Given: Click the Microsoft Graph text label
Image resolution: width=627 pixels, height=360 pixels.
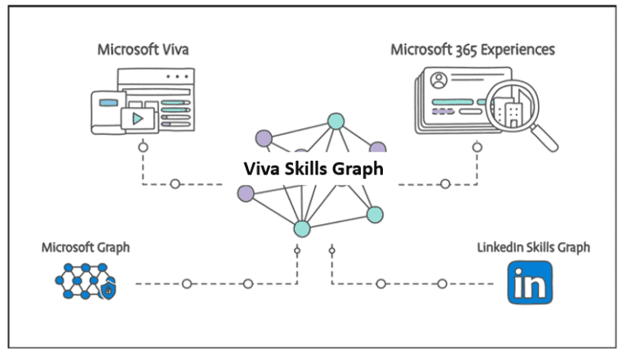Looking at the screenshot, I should point(85,247).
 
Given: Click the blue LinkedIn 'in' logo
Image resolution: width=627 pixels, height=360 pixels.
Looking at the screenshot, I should point(529,282).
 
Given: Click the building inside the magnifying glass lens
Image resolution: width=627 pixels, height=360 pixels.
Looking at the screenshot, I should point(511,110).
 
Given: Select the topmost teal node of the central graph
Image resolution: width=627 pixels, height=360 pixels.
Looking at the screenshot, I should point(335,122).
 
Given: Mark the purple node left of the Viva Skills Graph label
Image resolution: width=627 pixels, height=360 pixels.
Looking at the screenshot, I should point(245,193).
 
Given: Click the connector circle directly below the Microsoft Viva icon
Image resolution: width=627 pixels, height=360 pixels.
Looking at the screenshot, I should point(143,149).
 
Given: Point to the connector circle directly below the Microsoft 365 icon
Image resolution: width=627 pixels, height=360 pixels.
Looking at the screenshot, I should point(477,148).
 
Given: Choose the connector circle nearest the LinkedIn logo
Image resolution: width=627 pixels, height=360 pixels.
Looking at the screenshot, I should point(442,284).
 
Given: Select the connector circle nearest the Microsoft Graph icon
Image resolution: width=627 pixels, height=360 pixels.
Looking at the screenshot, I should point(187,284).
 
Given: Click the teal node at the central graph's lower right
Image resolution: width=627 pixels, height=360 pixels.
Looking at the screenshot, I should point(374,215).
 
